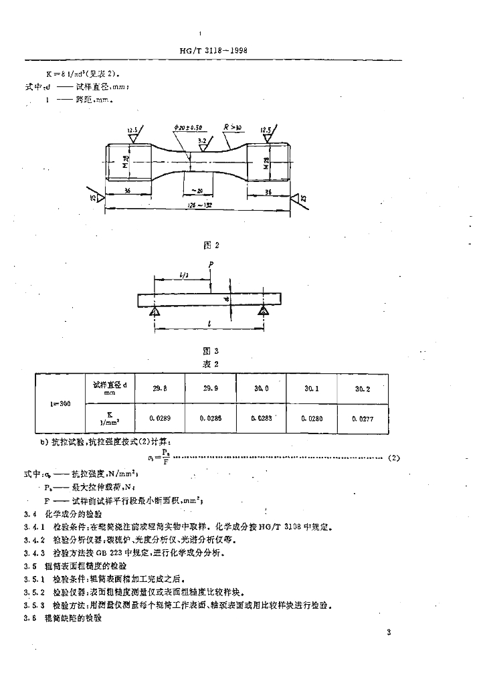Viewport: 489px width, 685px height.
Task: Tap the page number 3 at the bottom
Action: [x=388, y=633]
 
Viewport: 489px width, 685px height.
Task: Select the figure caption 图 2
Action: [x=211, y=245]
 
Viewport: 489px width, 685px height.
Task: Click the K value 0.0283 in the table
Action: [x=261, y=417]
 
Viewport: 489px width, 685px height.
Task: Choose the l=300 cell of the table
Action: [x=58, y=404]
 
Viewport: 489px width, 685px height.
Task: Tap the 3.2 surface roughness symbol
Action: [x=203, y=142]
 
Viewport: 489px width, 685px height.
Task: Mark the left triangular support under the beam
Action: [x=155, y=310]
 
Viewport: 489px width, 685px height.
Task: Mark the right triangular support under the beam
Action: [x=264, y=310]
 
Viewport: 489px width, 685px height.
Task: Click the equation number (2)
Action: [x=394, y=458]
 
